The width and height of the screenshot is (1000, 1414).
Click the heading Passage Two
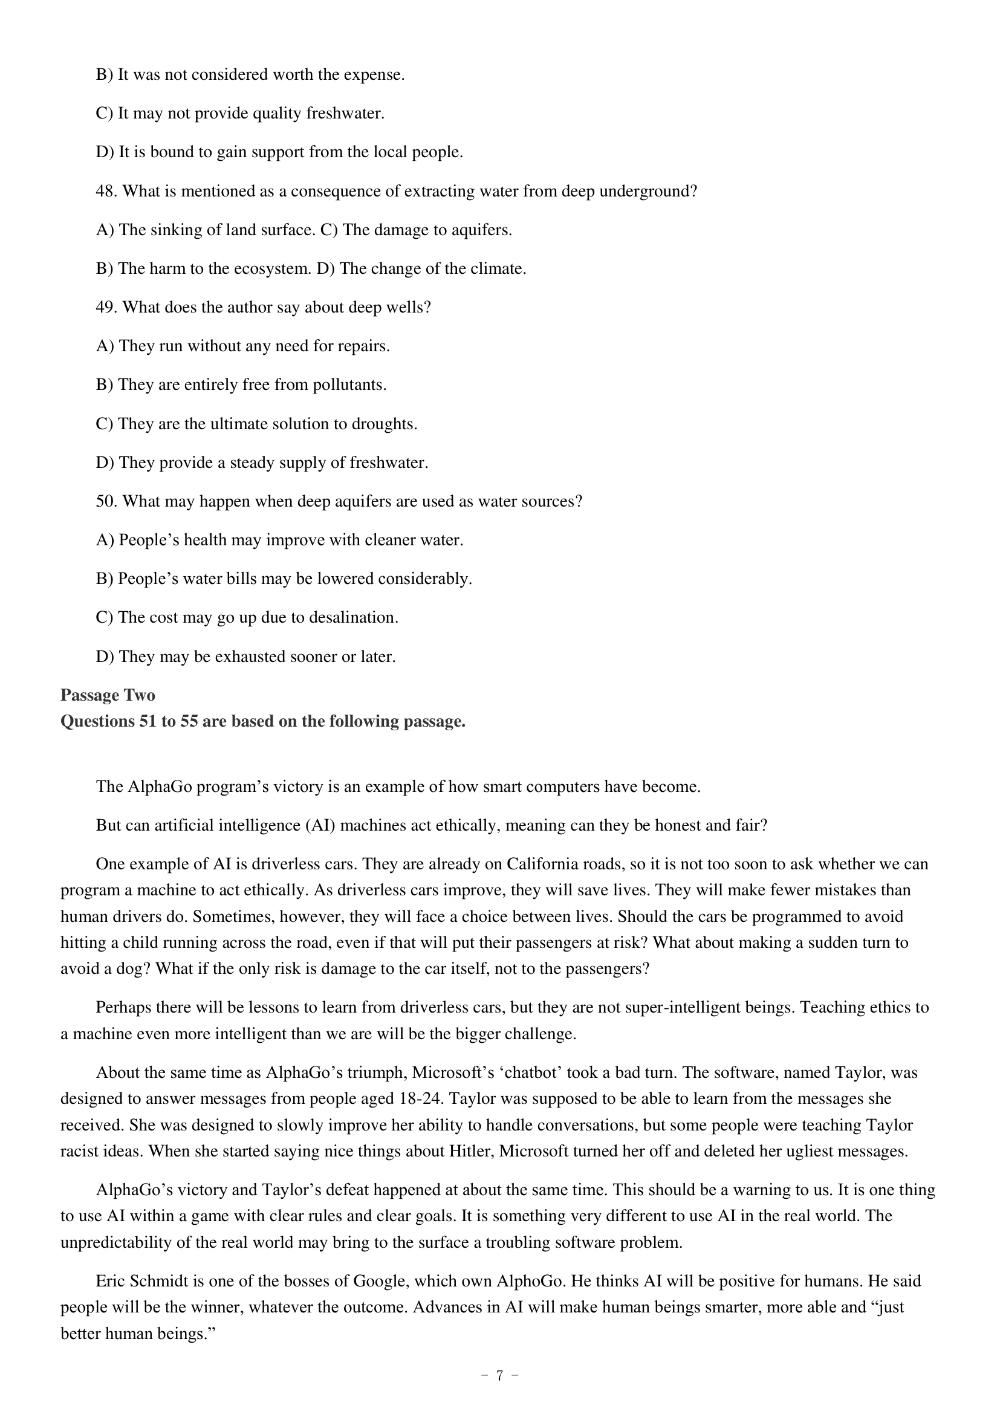click(x=108, y=695)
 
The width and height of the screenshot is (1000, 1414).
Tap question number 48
click(x=106, y=191)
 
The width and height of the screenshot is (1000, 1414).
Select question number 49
click(x=106, y=307)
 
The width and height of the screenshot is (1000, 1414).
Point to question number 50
click(x=106, y=501)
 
